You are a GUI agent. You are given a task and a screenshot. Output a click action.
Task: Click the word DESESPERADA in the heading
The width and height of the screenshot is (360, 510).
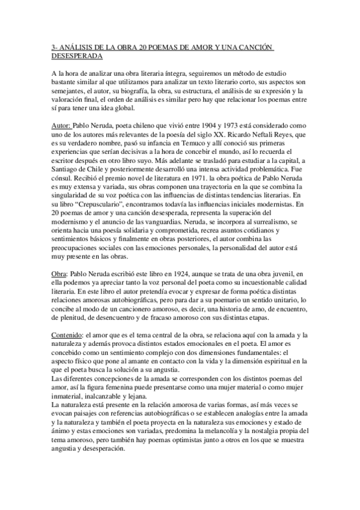pos(77,56)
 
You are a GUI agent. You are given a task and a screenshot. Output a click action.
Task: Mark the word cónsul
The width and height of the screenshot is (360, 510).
pos(62,179)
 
